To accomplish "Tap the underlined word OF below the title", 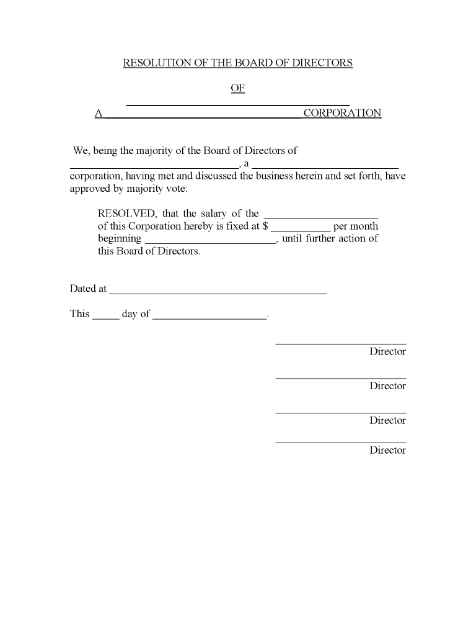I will coord(238,88).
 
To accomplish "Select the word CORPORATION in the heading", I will coord(342,113).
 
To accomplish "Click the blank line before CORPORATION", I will coord(203,116).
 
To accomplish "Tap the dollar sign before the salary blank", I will coord(265,226).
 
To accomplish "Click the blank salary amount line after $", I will coord(301,230).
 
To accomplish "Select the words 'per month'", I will coord(356,226).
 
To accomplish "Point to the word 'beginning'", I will coord(120,239).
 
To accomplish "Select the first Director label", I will coord(387,351).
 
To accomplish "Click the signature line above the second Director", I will coord(341,377).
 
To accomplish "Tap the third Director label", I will coord(387,420).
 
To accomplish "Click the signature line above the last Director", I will coord(341,442).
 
